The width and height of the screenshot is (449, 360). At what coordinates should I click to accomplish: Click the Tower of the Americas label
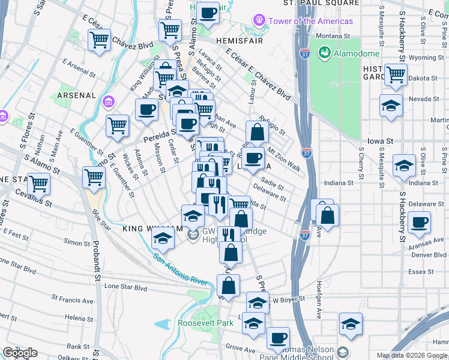coord(310,21)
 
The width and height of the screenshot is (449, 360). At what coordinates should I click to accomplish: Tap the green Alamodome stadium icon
coord(325,53)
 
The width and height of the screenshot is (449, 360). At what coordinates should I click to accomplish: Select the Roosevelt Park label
coord(205,323)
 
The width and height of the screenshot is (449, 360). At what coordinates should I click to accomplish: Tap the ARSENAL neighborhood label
coord(76,95)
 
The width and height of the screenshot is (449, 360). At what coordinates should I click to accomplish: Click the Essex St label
coord(417,271)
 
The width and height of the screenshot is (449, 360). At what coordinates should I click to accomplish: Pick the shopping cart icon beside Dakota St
coord(395,74)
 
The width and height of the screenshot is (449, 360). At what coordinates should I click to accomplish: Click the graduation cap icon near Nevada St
coord(391,106)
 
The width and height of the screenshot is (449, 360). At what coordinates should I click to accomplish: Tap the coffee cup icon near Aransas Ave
coord(419,223)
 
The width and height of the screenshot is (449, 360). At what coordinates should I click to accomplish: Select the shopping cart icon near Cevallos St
coord(38,183)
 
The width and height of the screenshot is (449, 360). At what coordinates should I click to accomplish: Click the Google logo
coord(20,353)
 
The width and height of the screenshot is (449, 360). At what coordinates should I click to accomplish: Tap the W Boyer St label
coord(290,298)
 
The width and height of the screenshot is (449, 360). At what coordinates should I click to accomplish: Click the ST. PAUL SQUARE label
coord(321,3)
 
